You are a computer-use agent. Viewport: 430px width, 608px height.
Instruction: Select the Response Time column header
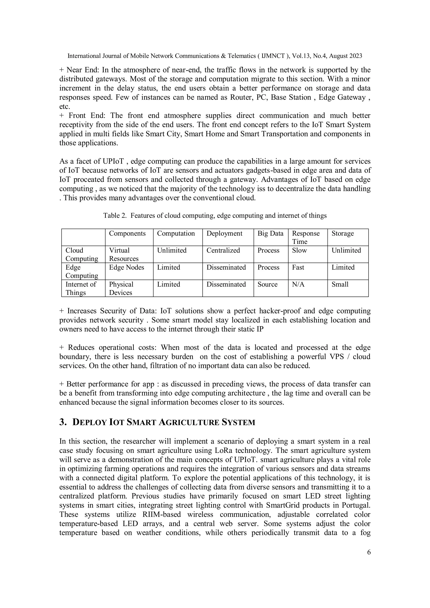pyautogui.click(x=306, y=237)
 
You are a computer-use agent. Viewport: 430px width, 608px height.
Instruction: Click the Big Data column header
pyautogui.click(x=270, y=233)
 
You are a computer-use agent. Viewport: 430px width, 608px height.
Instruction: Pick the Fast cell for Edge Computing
pyautogui.click(x=298, y=267)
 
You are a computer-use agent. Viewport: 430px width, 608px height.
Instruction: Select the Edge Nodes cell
pyautogui.click(x=126, y=267)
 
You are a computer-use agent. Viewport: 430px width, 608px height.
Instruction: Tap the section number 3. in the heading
pyautogui.click(x=63, y=422)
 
